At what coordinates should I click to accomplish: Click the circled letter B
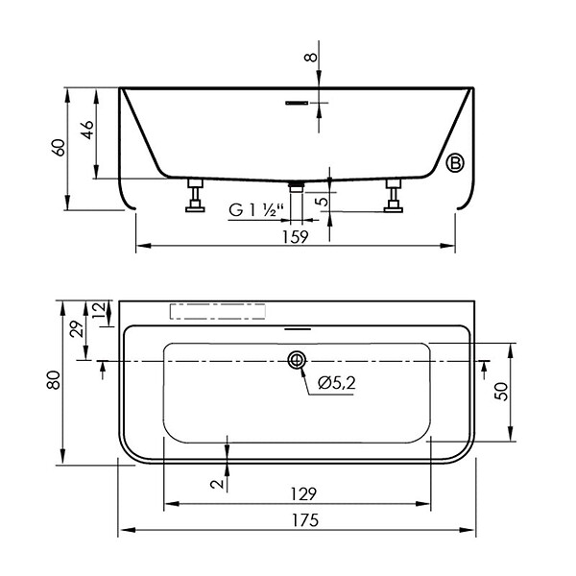coord(455,163)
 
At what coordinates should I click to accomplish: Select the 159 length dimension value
coord(296,236)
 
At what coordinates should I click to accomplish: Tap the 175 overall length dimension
coord(305,520)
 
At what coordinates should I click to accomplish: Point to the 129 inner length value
coord(303,494)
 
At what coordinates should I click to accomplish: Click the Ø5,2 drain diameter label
coord(337,383)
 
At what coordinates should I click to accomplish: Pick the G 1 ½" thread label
coord(256,210)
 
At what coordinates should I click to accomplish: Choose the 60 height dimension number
coord(60,148)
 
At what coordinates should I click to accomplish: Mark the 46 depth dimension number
coord(87,130)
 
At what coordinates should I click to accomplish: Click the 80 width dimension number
coord(54,380)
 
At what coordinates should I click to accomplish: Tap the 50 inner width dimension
coord(501,392)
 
